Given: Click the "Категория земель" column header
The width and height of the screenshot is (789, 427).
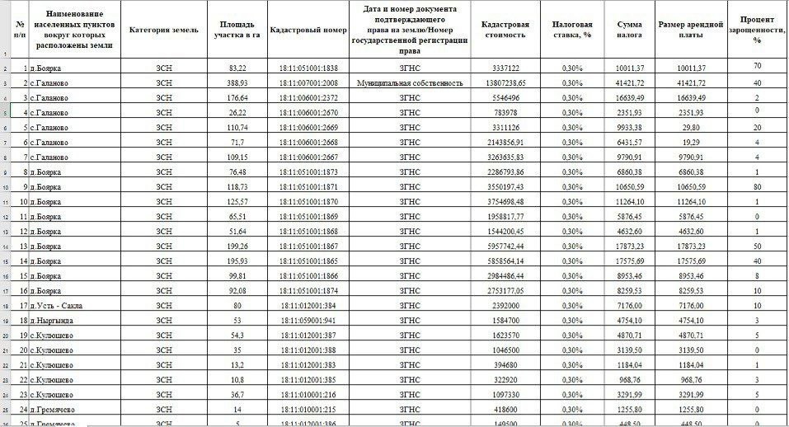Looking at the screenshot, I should tap(164, 29).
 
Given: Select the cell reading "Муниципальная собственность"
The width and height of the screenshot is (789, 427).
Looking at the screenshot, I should tap(410, 83).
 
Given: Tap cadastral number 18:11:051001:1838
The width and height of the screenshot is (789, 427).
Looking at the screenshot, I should tap(308, 68).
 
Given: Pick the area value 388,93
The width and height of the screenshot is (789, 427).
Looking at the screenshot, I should tap(237, 83).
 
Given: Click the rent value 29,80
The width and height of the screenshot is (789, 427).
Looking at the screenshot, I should tap(690, 128).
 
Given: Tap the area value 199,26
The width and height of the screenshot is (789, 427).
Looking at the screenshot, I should tap(237, 246).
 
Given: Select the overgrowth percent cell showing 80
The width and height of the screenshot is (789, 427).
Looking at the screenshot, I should tap(756, 186).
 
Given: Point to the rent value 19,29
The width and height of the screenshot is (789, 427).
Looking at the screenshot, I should tap(690, 143).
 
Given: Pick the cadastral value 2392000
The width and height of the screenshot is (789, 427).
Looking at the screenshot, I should tap(506, 305).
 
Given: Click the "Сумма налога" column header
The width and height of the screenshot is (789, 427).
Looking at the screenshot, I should tap(629, 30).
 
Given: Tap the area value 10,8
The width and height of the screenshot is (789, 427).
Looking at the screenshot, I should tap(237, 379).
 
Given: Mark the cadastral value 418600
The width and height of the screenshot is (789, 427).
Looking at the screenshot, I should tap(506, 409).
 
